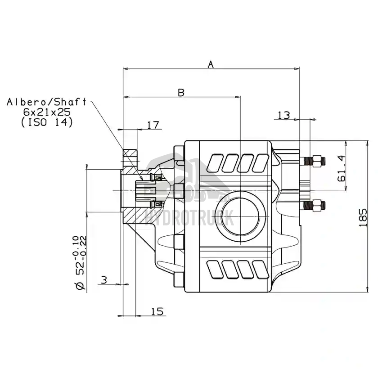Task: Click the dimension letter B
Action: (181, 92)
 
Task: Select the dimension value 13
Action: (284, 115)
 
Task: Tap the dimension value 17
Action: (153, 125)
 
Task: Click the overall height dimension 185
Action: (364, 217)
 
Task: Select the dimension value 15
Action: (157, 311)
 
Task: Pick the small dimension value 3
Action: (104, 280)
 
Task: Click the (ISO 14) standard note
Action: (47, 122)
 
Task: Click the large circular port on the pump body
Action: (241, 213)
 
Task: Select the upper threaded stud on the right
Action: (314, 161)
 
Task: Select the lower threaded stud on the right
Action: (314, 206)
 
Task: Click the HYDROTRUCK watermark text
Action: (189, 218)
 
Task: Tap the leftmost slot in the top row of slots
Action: (215, 162)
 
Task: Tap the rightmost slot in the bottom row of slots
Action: (260, 270)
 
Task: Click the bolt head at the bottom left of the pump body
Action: (178, 280)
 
